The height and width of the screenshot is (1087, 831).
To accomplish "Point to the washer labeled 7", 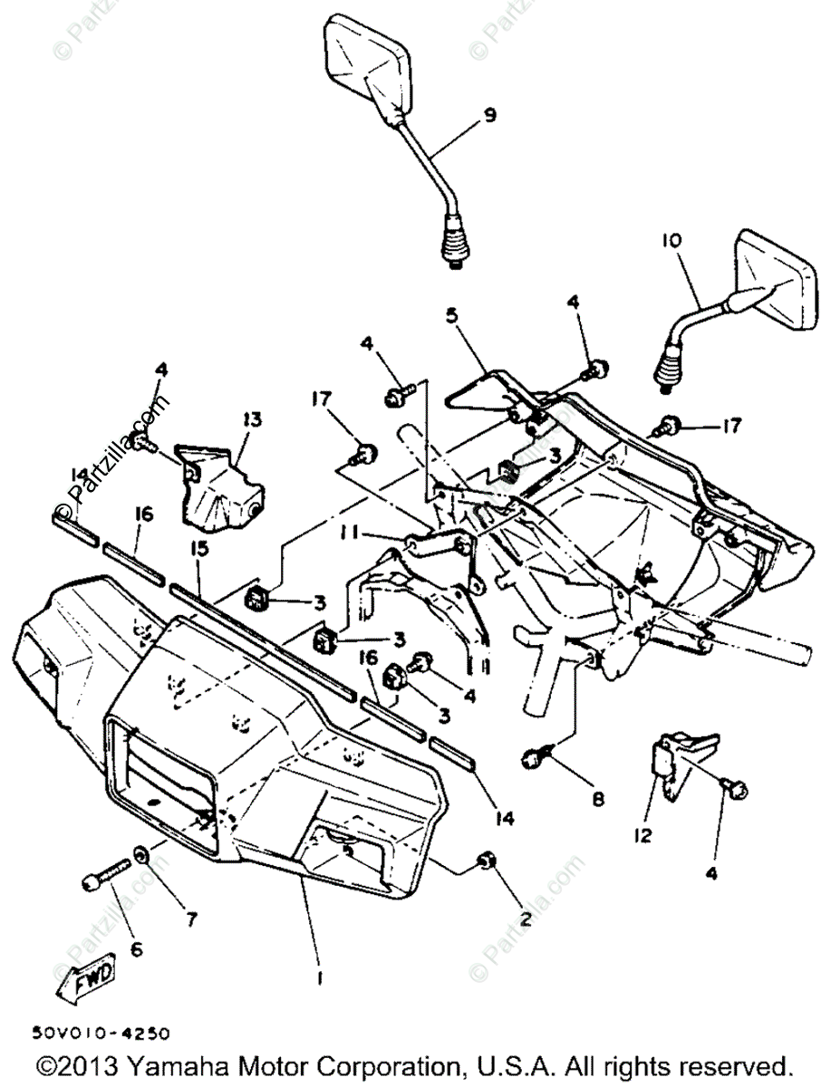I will pos(142,854).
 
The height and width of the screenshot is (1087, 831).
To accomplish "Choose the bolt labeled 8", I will pos(534,758).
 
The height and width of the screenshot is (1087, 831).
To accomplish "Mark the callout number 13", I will pos(251,419).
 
